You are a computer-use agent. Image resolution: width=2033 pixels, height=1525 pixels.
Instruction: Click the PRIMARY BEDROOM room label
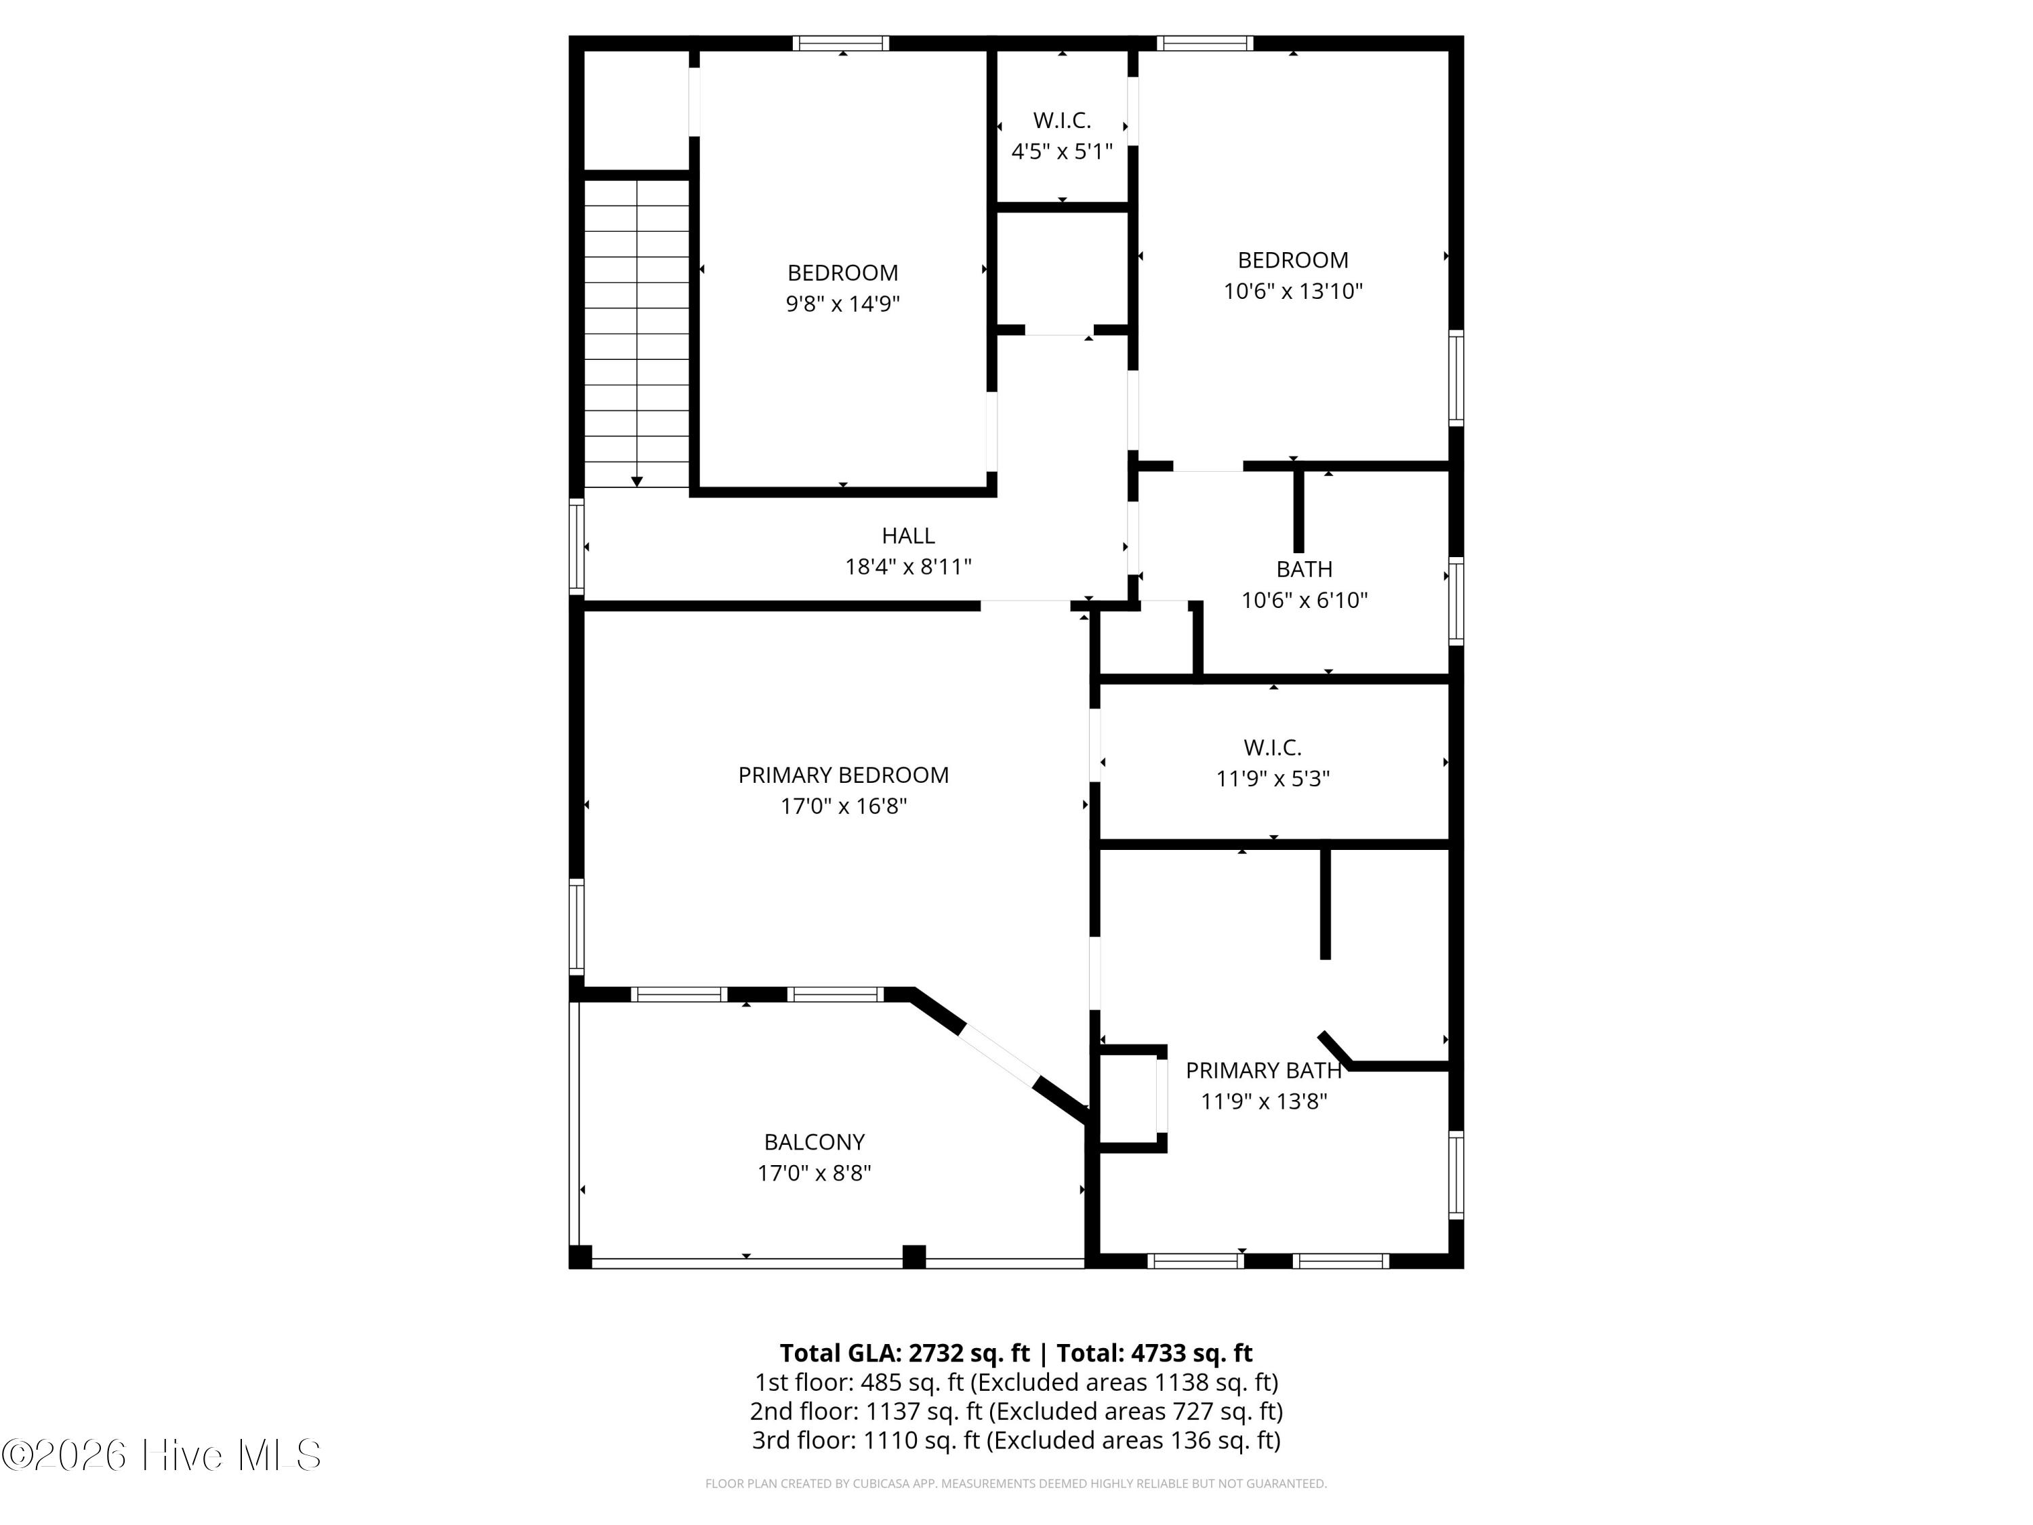click(x=844, y=775)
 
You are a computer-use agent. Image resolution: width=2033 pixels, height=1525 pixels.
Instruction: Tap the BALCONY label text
click(x=815, y=1141)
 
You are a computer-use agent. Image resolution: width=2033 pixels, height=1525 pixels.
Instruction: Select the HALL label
click(x=908, y=535)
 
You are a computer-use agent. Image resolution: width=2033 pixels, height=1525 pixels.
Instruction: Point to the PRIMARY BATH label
click(x=1264, y=1070)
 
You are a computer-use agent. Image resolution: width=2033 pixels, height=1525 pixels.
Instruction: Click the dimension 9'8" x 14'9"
click(x=843, y=304)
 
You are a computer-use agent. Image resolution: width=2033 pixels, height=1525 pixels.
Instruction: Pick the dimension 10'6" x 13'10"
click(x=1292, y=291)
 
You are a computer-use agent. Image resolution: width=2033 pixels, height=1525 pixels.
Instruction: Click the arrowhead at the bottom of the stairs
click(x=637, y=482)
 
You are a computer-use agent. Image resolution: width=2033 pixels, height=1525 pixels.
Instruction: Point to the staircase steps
click(x=637, y=333)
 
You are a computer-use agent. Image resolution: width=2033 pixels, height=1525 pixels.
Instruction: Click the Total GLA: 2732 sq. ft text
click(x=905, y=1353)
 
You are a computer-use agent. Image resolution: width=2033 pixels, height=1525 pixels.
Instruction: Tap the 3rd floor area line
click(x=1016, y=1440)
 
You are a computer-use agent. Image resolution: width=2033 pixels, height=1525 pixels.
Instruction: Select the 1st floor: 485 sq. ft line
click(x=1016, y=1381)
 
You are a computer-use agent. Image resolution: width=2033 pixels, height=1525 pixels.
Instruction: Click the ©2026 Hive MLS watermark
click(x=162, y=1455)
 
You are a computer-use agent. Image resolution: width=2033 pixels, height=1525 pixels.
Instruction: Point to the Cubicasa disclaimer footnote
click(x=1016, y=1483)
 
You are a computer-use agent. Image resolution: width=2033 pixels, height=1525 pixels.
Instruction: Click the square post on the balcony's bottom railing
click(x=913, y=1256)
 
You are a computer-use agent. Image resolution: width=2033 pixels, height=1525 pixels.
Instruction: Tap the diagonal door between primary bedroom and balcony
click(x=999, y=1055)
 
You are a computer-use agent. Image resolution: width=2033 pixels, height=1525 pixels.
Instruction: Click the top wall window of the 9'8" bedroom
click(x=841, y=43)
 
